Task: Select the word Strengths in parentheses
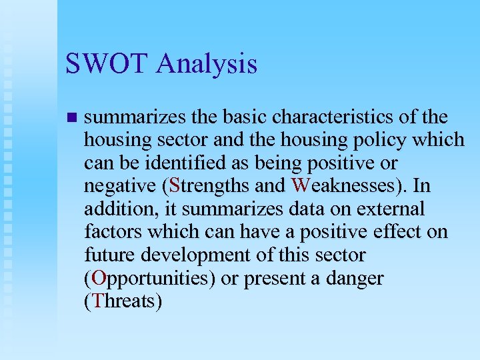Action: tap(207, 186)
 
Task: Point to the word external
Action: tap(393, 209)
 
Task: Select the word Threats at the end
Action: tap(125, 301)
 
